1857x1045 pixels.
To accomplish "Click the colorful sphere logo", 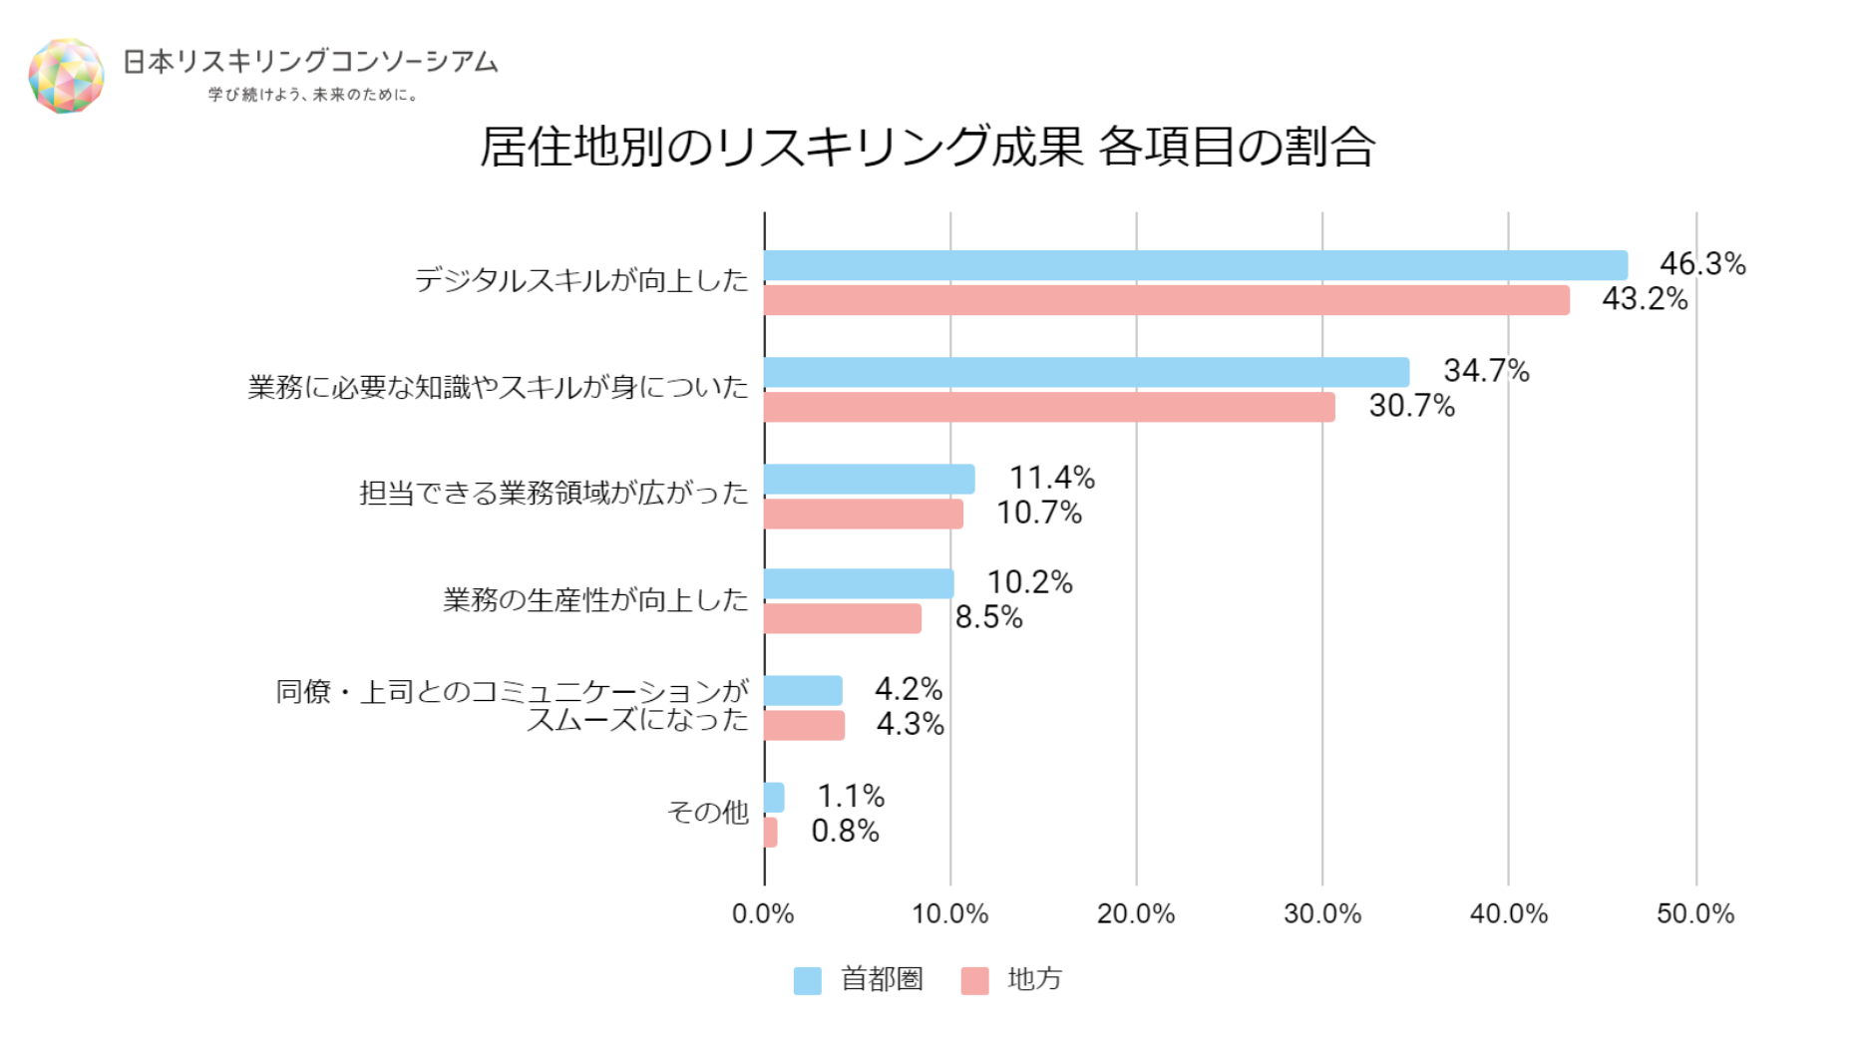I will pos(66,76).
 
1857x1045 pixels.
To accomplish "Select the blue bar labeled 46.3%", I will pos(1195,265).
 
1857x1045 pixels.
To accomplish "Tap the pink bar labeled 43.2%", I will pos(1166,300).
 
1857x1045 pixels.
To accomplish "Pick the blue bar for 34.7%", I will pos(1086,372).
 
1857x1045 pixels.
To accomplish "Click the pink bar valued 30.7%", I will pos(1049,407).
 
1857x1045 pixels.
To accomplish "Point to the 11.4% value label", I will pos(1051,478).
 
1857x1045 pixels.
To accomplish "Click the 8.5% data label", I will pos(988,617).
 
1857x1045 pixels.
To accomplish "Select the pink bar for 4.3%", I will pos(804,725).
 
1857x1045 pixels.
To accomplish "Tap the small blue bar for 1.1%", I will pos(774,797).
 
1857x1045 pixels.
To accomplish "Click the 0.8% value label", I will pos(845,831).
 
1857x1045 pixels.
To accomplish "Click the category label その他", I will pos(707,813).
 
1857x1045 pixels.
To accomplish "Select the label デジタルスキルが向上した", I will pos(580,280).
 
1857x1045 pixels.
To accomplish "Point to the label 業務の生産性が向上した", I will pos(595,599).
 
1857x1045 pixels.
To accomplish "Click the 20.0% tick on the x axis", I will pos(1135,913).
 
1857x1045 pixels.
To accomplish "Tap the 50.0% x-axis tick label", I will pos(1694,913).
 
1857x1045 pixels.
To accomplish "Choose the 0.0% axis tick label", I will pos(763,913).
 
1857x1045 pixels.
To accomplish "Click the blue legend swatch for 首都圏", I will pos(807,980).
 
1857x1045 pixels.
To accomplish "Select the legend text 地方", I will pos(1034,979).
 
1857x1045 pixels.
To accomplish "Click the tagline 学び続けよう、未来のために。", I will pos(313,95).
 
